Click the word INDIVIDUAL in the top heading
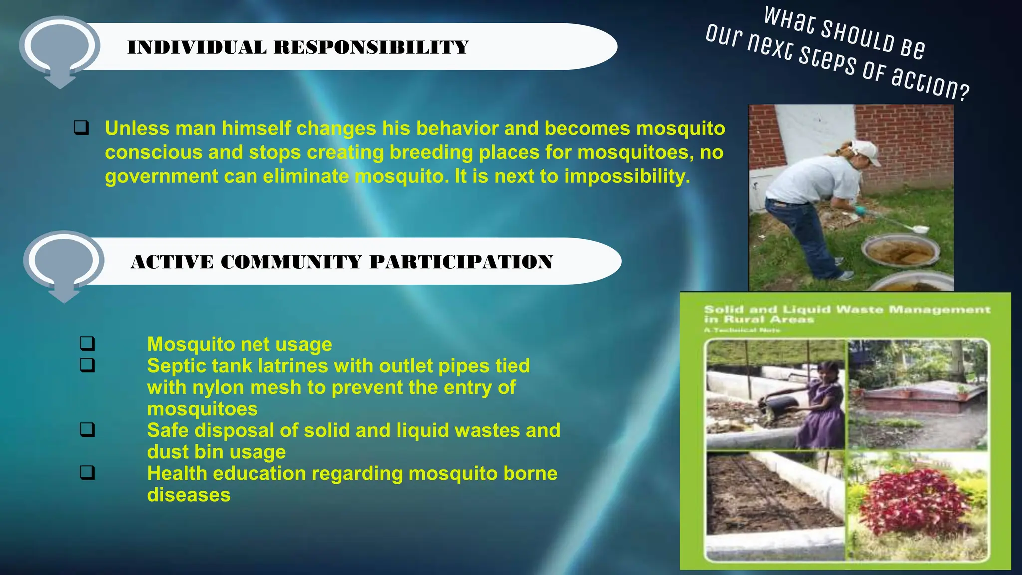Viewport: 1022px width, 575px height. tap(197, 48)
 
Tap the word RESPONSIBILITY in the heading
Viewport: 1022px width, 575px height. tap(371, 48)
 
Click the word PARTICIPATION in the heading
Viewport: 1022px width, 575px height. tap(461, 262)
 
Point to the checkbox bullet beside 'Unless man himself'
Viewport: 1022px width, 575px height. tap(81, 128)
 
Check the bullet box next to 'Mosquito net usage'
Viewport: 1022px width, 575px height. tap(87, 343)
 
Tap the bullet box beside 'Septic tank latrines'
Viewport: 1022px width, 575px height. tap(87, 365)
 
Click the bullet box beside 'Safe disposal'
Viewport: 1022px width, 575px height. tap(87, 429)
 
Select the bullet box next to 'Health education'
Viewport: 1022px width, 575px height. tap(87, 472)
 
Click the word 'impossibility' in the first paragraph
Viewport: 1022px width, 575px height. tap(627, 176)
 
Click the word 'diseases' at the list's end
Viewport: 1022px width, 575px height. tap(189, 495)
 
